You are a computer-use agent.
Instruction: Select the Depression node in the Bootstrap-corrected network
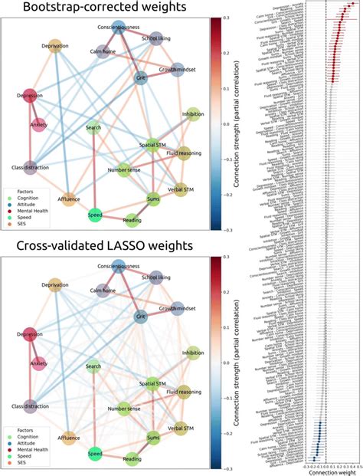(30, 96)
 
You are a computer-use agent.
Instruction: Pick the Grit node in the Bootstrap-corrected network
(140, 77)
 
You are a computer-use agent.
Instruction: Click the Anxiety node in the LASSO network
(36, 363)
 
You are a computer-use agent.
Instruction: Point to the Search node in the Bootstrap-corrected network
(93, 128)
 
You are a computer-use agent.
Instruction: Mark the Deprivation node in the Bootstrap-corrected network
(55, 45)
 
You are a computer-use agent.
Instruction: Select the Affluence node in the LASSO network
(67, 438)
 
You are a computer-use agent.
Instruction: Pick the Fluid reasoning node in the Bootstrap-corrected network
(182, 153)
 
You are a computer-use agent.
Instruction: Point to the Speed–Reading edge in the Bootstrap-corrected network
(113, 218)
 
